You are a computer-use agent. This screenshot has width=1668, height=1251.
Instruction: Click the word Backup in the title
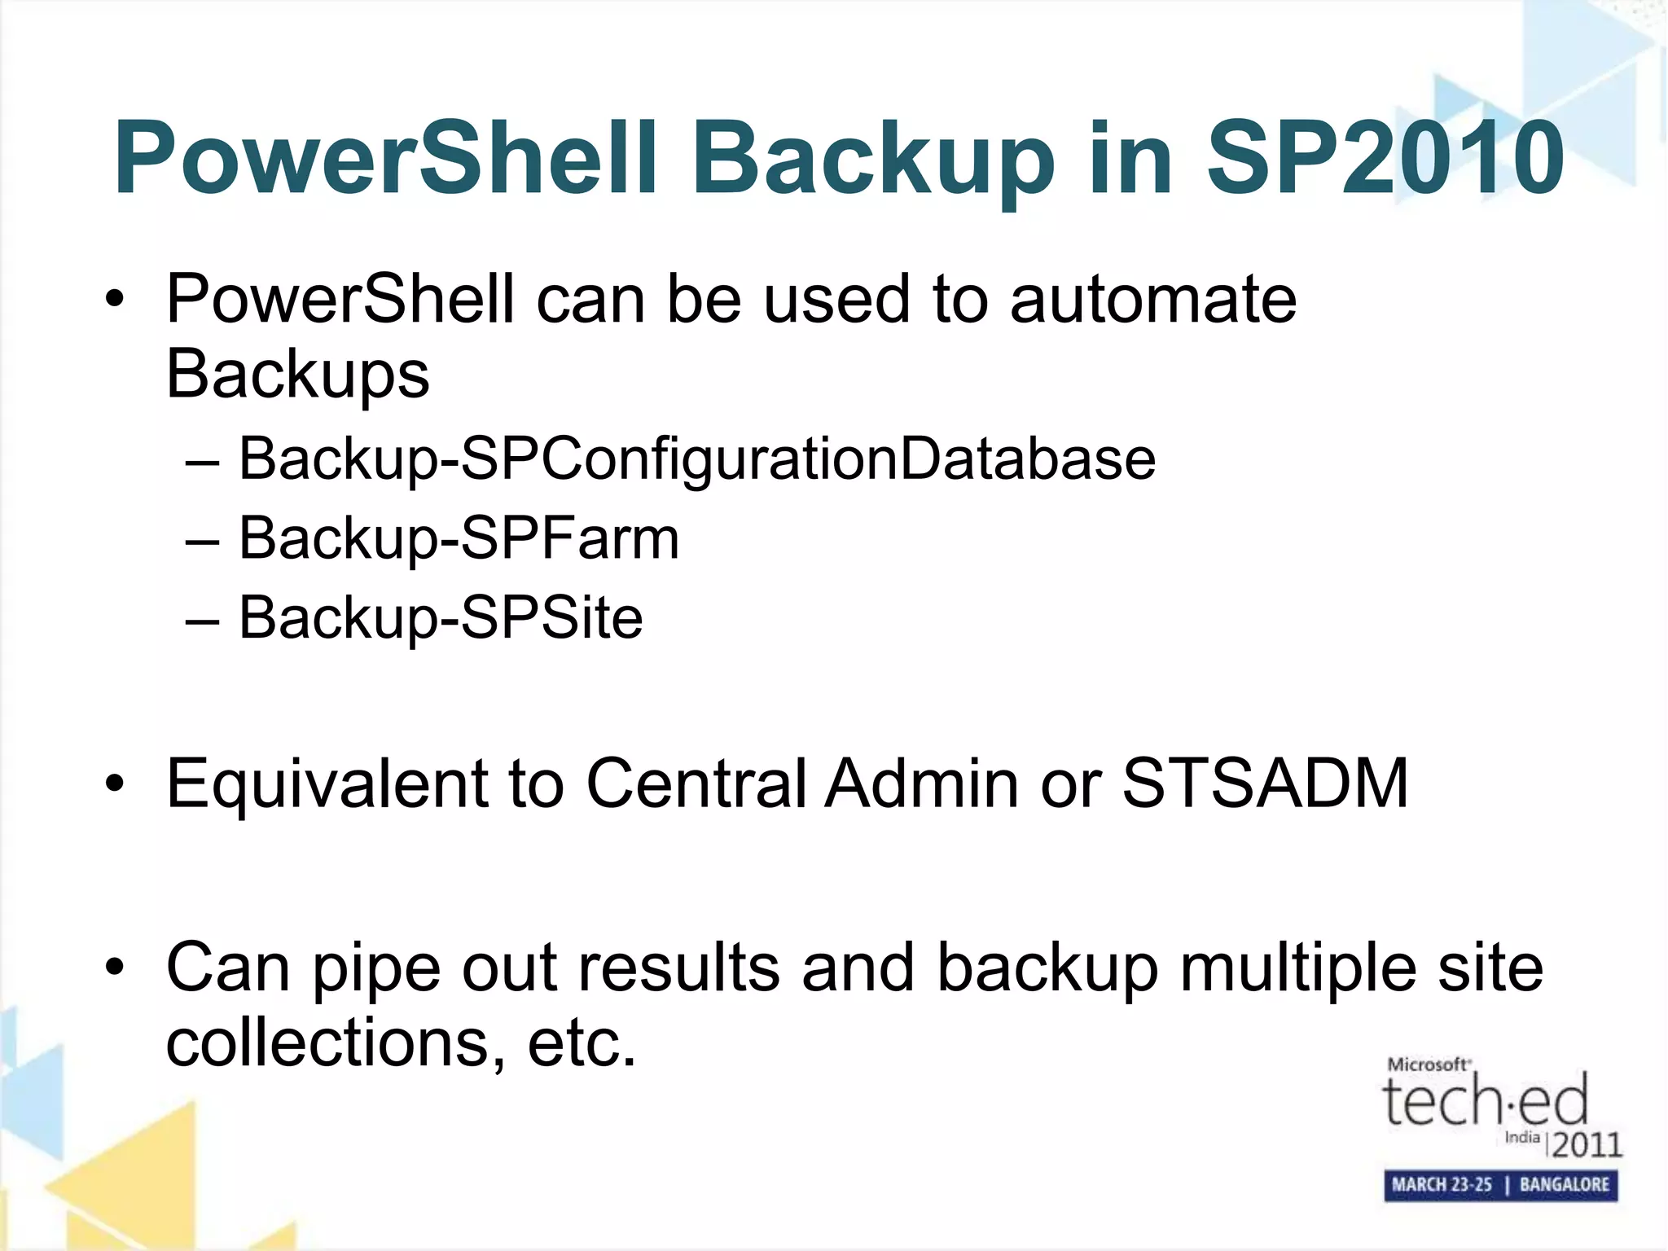point(872,159)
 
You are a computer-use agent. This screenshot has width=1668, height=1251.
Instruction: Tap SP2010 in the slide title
point(1385,159)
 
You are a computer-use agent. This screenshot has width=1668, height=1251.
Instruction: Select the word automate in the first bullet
point(1152,299)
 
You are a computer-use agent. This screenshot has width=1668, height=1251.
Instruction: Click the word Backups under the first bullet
point(297,375)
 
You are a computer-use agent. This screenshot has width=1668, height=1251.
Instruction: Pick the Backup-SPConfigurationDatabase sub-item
point(696,459)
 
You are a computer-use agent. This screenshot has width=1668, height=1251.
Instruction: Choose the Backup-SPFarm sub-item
point(459,538)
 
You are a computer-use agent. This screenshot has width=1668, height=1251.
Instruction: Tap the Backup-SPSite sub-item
point(441,617)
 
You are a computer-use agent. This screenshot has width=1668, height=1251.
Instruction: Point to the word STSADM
point(1265,784)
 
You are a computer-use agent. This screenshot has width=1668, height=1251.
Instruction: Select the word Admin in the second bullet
point(921,784)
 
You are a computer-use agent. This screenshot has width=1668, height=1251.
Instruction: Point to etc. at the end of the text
point(582,1043)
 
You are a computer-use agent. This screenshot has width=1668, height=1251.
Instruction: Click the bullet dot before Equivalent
point(115,784)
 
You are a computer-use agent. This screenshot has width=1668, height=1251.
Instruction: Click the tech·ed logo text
point(1485,1101)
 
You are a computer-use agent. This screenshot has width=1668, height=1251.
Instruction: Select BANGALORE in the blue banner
point(1564,1185)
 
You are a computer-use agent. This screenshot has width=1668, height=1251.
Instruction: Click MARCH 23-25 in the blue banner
point(1442,1185)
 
